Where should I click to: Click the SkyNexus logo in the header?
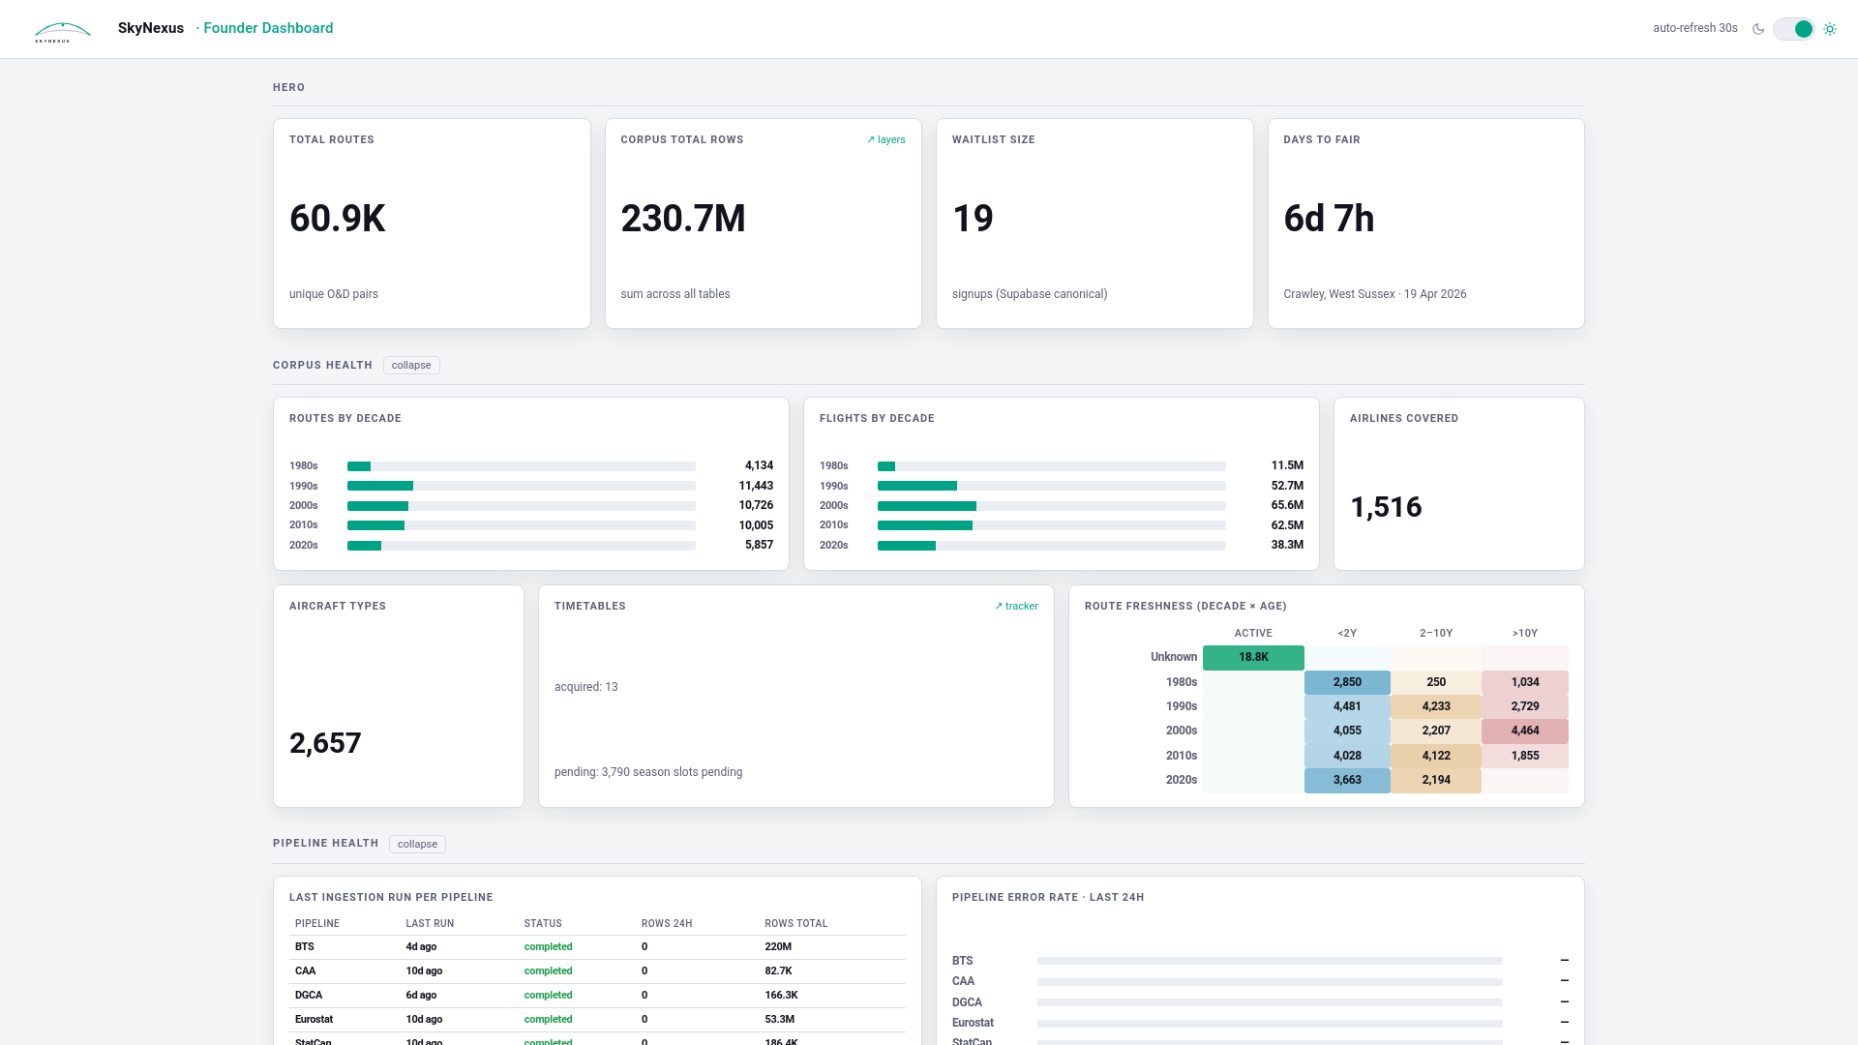point(63,31)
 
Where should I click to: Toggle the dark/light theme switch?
point(1793,29)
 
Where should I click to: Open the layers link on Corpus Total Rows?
point(885,140)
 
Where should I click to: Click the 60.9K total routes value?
point(337,219)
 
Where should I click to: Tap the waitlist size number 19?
point(973,219)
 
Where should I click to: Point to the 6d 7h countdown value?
point(1329,219)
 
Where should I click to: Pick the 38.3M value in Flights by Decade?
point(1286,545)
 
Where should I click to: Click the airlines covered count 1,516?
point(1386,507)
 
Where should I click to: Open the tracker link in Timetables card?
point(1016,607)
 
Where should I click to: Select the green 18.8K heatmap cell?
point(1253,657)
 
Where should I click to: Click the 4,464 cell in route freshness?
point(1524,731)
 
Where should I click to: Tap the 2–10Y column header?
point(1435,633)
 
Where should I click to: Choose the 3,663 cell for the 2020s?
point(1346,780)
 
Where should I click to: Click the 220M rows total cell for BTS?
point(778,947)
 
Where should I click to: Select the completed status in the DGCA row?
point(548,995)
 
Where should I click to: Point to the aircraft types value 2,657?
point(325,743)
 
